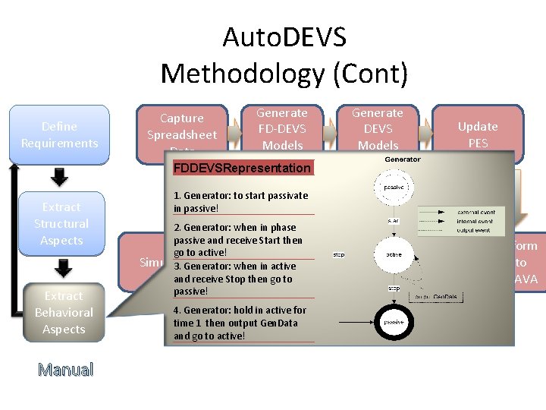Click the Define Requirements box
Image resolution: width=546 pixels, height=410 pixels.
point(60,134)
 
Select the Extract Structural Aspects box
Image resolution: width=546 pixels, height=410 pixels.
point(61,223)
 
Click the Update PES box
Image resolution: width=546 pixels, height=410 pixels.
point(478,134)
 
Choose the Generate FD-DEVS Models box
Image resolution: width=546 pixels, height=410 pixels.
point(281,128)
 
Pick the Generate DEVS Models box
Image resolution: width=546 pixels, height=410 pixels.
point(378,128)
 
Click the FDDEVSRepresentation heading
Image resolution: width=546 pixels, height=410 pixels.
point(242,168)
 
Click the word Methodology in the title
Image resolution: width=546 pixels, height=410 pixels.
point(243,73)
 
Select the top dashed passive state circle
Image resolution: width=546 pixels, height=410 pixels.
point(393,187)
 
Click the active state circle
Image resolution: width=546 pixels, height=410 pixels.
point(393,254)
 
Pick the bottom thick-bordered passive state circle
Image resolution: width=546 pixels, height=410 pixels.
point(393,322)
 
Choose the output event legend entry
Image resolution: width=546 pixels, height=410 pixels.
point(476,230)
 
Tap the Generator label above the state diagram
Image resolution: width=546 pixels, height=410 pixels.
point(403,159)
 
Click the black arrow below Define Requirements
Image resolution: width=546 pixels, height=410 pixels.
point(59,175)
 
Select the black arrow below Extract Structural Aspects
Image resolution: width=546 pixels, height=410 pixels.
point(64,267)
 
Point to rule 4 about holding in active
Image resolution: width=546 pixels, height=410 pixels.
point(240,322)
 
